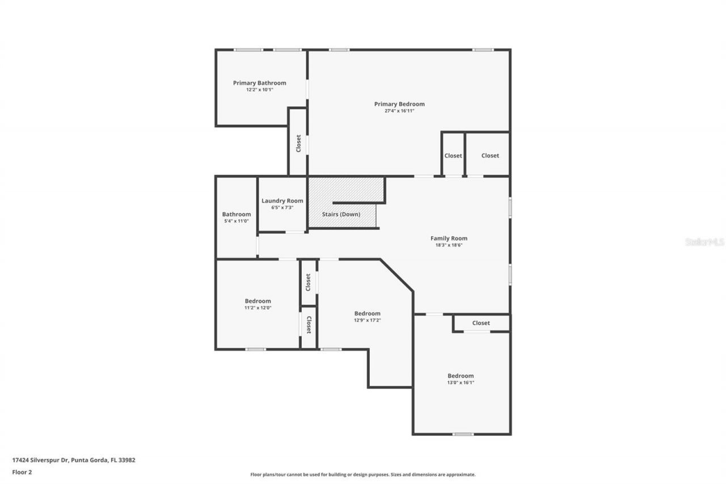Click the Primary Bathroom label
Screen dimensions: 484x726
(x=259, y=83)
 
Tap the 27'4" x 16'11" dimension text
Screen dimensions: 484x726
(x=399, y=111)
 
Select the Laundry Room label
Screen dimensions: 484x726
(x=282, y=201)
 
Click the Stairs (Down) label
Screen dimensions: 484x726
(x=341, y=214)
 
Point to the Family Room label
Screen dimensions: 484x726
(x=449, y=238)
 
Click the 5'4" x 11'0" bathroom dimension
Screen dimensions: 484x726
(x=236, y=221)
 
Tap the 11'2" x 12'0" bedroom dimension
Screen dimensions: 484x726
(x=258, y=308)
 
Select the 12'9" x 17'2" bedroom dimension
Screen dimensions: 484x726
(x=367, y=321)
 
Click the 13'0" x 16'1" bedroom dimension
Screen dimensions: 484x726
(x=460, y=383)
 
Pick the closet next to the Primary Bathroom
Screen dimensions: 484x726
(x=298, y=143)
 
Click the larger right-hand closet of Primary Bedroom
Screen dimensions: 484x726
(x=490, y=155)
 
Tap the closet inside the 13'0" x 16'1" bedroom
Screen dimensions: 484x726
(x=480, y=323)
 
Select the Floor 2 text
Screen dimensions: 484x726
(x=22, y=472)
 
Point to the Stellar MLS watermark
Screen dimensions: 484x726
(x=704, y=242)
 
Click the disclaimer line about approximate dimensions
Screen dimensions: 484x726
(x=363, y=474)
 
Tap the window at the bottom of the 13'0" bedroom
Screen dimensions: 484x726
(x=463, y=435)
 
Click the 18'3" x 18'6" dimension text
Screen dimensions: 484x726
(x=449, y=245)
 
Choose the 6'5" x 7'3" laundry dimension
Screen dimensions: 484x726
(x=282, y=208)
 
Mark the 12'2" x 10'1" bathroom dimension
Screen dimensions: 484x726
(x=259, y=90)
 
